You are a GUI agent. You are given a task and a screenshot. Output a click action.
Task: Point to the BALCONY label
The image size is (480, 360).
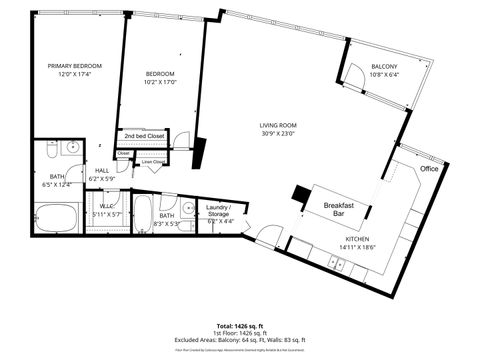coord(385,66)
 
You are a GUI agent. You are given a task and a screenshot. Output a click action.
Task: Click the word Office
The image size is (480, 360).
coord(429,169)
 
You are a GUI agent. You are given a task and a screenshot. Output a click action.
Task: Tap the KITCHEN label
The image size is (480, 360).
coord(359,240)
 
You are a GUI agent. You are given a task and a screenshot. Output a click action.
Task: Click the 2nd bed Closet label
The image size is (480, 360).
coord(144,134)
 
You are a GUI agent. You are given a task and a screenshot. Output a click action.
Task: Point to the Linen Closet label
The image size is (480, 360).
coord(153,160)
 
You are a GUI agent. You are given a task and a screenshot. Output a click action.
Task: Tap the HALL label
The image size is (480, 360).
coord(102,171)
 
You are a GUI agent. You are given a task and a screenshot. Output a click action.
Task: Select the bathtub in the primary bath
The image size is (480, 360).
coord(56,216)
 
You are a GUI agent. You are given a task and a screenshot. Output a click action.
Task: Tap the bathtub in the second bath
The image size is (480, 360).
coord(142,214)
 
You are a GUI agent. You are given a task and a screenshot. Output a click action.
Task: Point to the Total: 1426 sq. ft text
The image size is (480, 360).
coord(239,325)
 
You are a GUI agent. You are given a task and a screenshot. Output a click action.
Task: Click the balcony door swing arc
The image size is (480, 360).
coord(354,72)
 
